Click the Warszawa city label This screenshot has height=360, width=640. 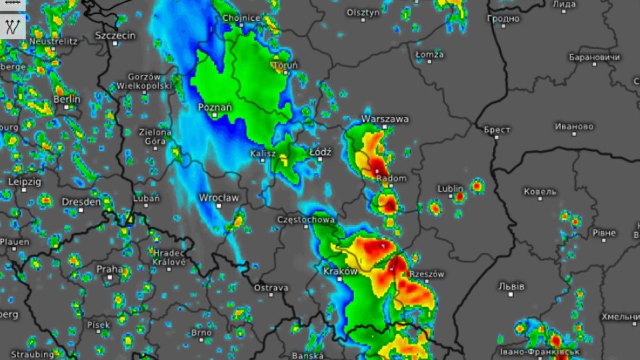385,118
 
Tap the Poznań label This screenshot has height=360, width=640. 215,107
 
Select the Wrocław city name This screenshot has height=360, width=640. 219,198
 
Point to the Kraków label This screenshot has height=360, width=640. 340,271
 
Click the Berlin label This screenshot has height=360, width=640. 67,99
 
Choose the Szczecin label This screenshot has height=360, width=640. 115,35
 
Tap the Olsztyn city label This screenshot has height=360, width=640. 363,12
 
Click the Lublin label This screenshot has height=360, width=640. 451,188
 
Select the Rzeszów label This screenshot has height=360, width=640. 427,274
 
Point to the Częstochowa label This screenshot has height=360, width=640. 306,220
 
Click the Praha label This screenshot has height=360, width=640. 109,269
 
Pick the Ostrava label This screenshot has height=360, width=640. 271,288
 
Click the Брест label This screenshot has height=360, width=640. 497,130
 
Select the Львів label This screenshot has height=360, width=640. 511,286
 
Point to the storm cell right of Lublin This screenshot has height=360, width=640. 477,186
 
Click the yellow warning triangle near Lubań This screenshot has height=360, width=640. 129,218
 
